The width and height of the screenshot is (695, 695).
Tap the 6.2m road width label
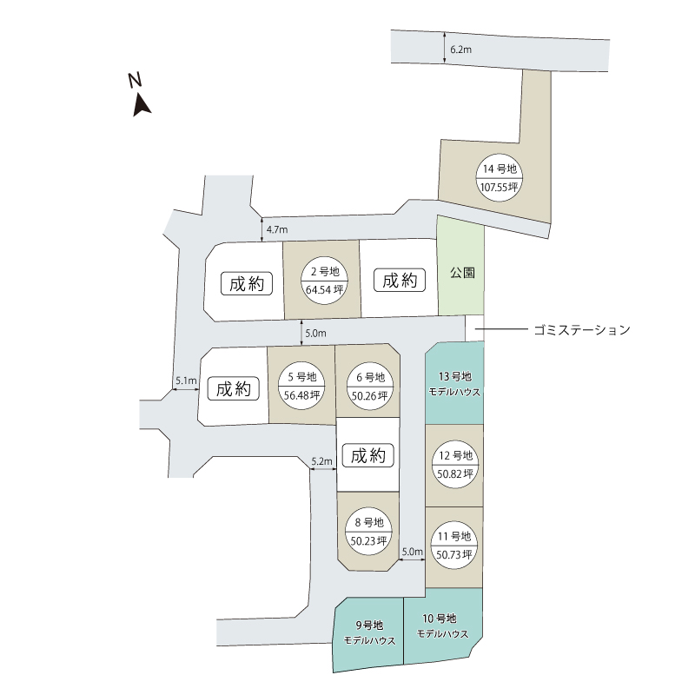pyautogui.click(x=460, y=50)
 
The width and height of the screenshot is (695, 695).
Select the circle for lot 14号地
pyautogui.click(x=500, y=177)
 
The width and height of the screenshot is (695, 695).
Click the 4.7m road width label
pyautogui.click(x=277, y=230)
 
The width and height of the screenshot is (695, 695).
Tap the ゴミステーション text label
pyautogui.click(x=580, y=330)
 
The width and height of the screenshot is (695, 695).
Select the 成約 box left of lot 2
pyautogui.click(x=247, y=283)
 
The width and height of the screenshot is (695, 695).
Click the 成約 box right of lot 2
pyautogui.click(x=400, y=281)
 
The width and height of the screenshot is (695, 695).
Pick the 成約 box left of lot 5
pyautogui.click(x=234, y=389)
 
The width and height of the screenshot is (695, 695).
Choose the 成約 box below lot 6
pyautogui.click(x=368, y=455)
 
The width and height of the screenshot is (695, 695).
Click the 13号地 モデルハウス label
pyautogui.click(x=455, y=384)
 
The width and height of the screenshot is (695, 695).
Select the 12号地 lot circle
pyautogui.click(x=455, y=465)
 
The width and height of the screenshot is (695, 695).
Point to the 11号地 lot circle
pyautogui.click(x=455, y=545)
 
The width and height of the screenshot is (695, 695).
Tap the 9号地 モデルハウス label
pyautogui.click(x=369, y=632)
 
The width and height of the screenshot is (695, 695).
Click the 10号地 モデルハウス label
pyautogui.click(x=442, y=625)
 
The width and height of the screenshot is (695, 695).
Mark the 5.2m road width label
pyautogui.click(x=321, y=461)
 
